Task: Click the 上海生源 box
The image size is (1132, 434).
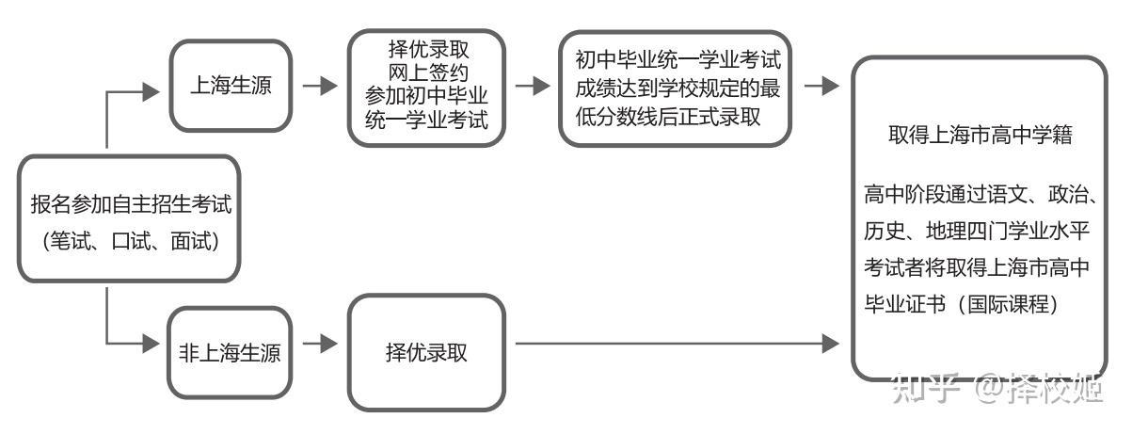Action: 231,86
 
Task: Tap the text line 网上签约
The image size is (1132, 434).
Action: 426,71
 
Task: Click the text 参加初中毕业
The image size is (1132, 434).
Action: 426,94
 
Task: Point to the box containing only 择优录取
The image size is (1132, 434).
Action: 426,352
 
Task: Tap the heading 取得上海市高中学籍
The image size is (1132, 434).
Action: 981,135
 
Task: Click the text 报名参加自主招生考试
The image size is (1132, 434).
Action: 130,203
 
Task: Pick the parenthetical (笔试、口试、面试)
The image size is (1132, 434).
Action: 130,241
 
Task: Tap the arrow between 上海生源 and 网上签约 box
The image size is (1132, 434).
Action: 320,86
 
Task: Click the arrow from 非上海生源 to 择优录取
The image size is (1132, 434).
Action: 320,344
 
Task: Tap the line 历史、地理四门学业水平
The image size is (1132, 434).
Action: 979,231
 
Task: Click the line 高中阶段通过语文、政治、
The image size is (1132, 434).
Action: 979,196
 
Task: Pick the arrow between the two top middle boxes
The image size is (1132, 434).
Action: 533,86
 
